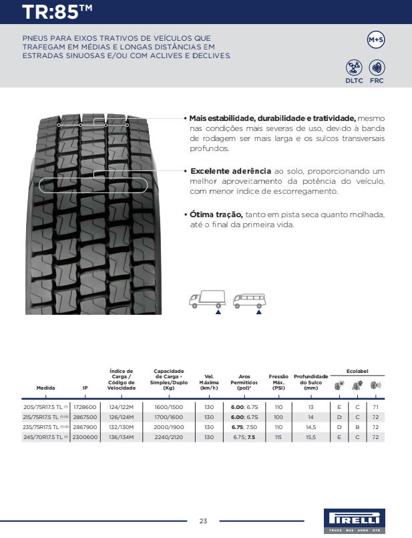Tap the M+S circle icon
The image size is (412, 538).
(376, 40)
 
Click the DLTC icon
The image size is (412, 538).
(354, 68)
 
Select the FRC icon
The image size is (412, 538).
(377, 68)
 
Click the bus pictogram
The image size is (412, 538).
(248, 300)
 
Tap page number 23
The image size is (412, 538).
(203, 521)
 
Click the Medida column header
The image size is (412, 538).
(46, 388)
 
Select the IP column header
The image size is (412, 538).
(85, 388)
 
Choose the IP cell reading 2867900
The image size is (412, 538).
(85, 427)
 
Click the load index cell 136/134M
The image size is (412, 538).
(122, 437)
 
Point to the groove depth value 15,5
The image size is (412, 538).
(311, 437)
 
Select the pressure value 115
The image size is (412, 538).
(278, 437)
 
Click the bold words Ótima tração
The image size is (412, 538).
(216, 215)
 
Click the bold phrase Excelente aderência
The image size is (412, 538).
(230, 171)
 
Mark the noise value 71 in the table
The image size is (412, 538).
(376, 407)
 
